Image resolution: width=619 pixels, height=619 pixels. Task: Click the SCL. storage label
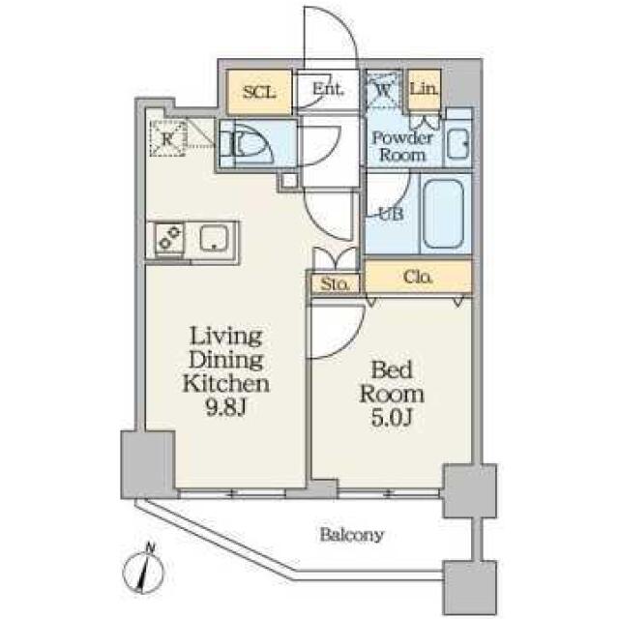259,93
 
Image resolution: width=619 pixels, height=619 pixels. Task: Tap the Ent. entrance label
328,89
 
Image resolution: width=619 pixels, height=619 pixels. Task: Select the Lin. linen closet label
424,88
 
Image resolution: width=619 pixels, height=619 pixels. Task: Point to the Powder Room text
402,146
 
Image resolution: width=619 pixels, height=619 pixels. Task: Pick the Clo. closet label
418,278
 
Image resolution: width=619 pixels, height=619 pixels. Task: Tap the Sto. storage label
335,283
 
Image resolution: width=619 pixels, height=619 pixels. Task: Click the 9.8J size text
226,408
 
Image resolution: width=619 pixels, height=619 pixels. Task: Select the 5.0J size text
392,418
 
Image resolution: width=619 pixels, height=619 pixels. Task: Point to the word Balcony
351,535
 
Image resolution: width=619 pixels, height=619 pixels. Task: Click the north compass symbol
143,570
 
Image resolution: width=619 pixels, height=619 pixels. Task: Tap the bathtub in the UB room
443,214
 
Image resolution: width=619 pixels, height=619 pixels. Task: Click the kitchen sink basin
215,238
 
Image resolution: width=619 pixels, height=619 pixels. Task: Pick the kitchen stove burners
170,238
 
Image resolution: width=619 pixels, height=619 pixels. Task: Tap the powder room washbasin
457,144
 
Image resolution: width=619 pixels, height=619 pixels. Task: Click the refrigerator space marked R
168,138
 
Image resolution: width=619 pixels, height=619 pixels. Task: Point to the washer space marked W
383,90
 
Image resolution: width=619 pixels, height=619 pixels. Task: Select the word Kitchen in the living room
226,383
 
